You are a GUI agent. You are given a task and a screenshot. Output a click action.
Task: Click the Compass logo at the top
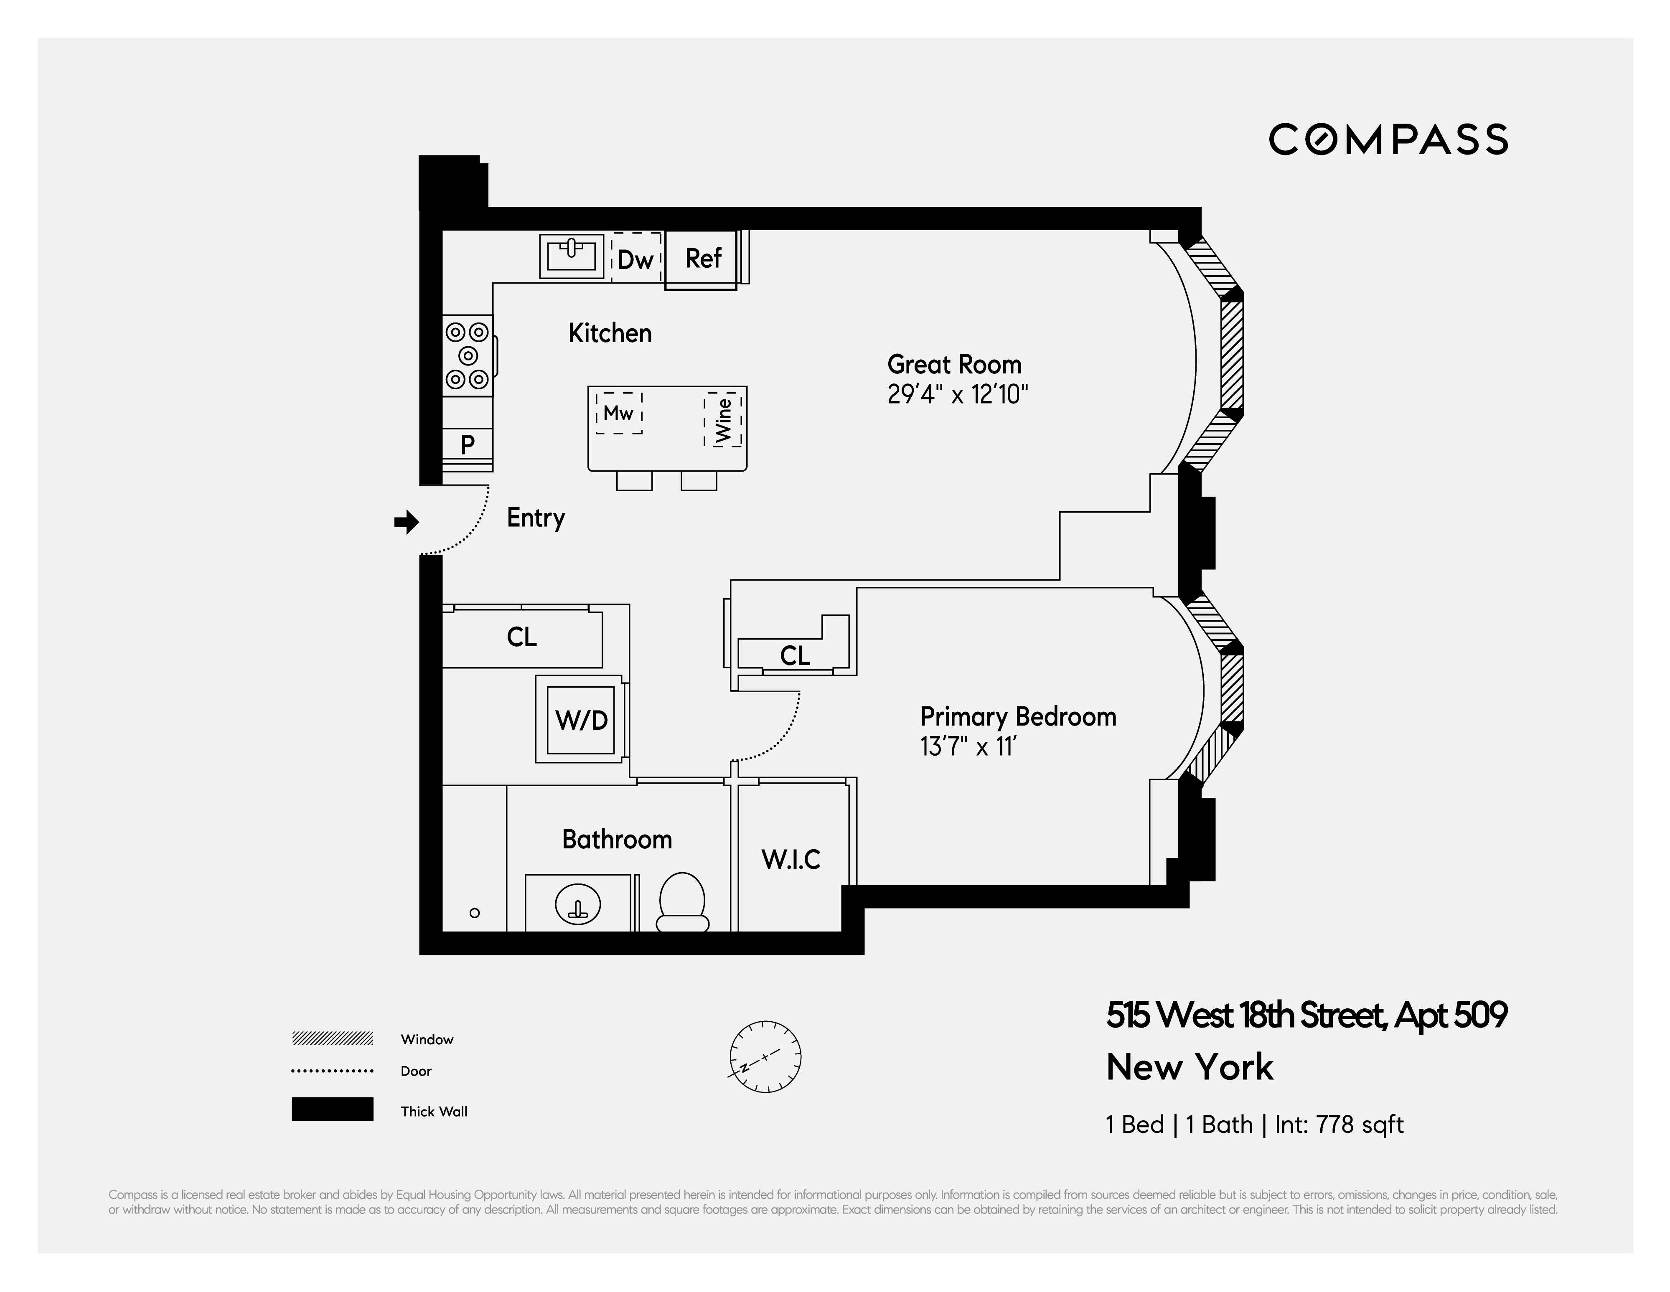(1388, 140)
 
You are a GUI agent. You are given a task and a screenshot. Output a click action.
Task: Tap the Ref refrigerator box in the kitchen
(702, 259)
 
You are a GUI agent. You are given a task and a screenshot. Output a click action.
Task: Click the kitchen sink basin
(571, 254)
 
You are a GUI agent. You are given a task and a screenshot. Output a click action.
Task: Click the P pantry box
(467, 444)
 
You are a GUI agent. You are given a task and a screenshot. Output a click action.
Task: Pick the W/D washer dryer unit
(581, 719)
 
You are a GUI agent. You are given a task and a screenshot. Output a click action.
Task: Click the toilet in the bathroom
(682, 902)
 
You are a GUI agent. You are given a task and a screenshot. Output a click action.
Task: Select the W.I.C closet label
(791, 859)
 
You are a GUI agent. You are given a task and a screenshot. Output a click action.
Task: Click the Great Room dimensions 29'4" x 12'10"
(957, 394)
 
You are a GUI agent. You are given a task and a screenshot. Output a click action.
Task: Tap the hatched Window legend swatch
(332, 1038)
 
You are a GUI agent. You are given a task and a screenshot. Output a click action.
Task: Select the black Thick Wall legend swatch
(332, 1109)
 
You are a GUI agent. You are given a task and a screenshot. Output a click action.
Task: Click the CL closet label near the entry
(521, 637)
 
